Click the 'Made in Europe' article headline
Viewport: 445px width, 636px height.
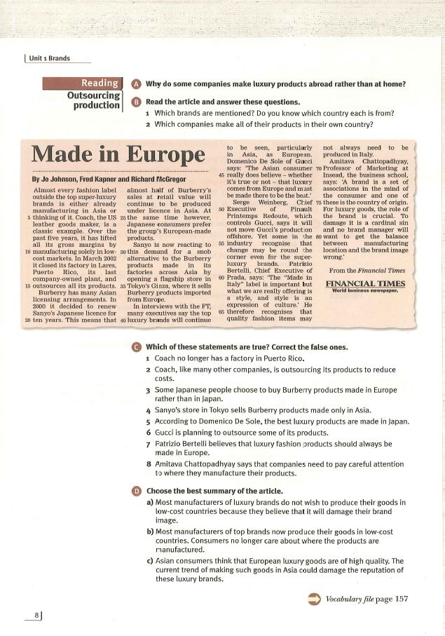(118, 154)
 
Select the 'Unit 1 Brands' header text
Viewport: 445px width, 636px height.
(50, 58)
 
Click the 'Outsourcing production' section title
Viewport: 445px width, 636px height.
(93, 100)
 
